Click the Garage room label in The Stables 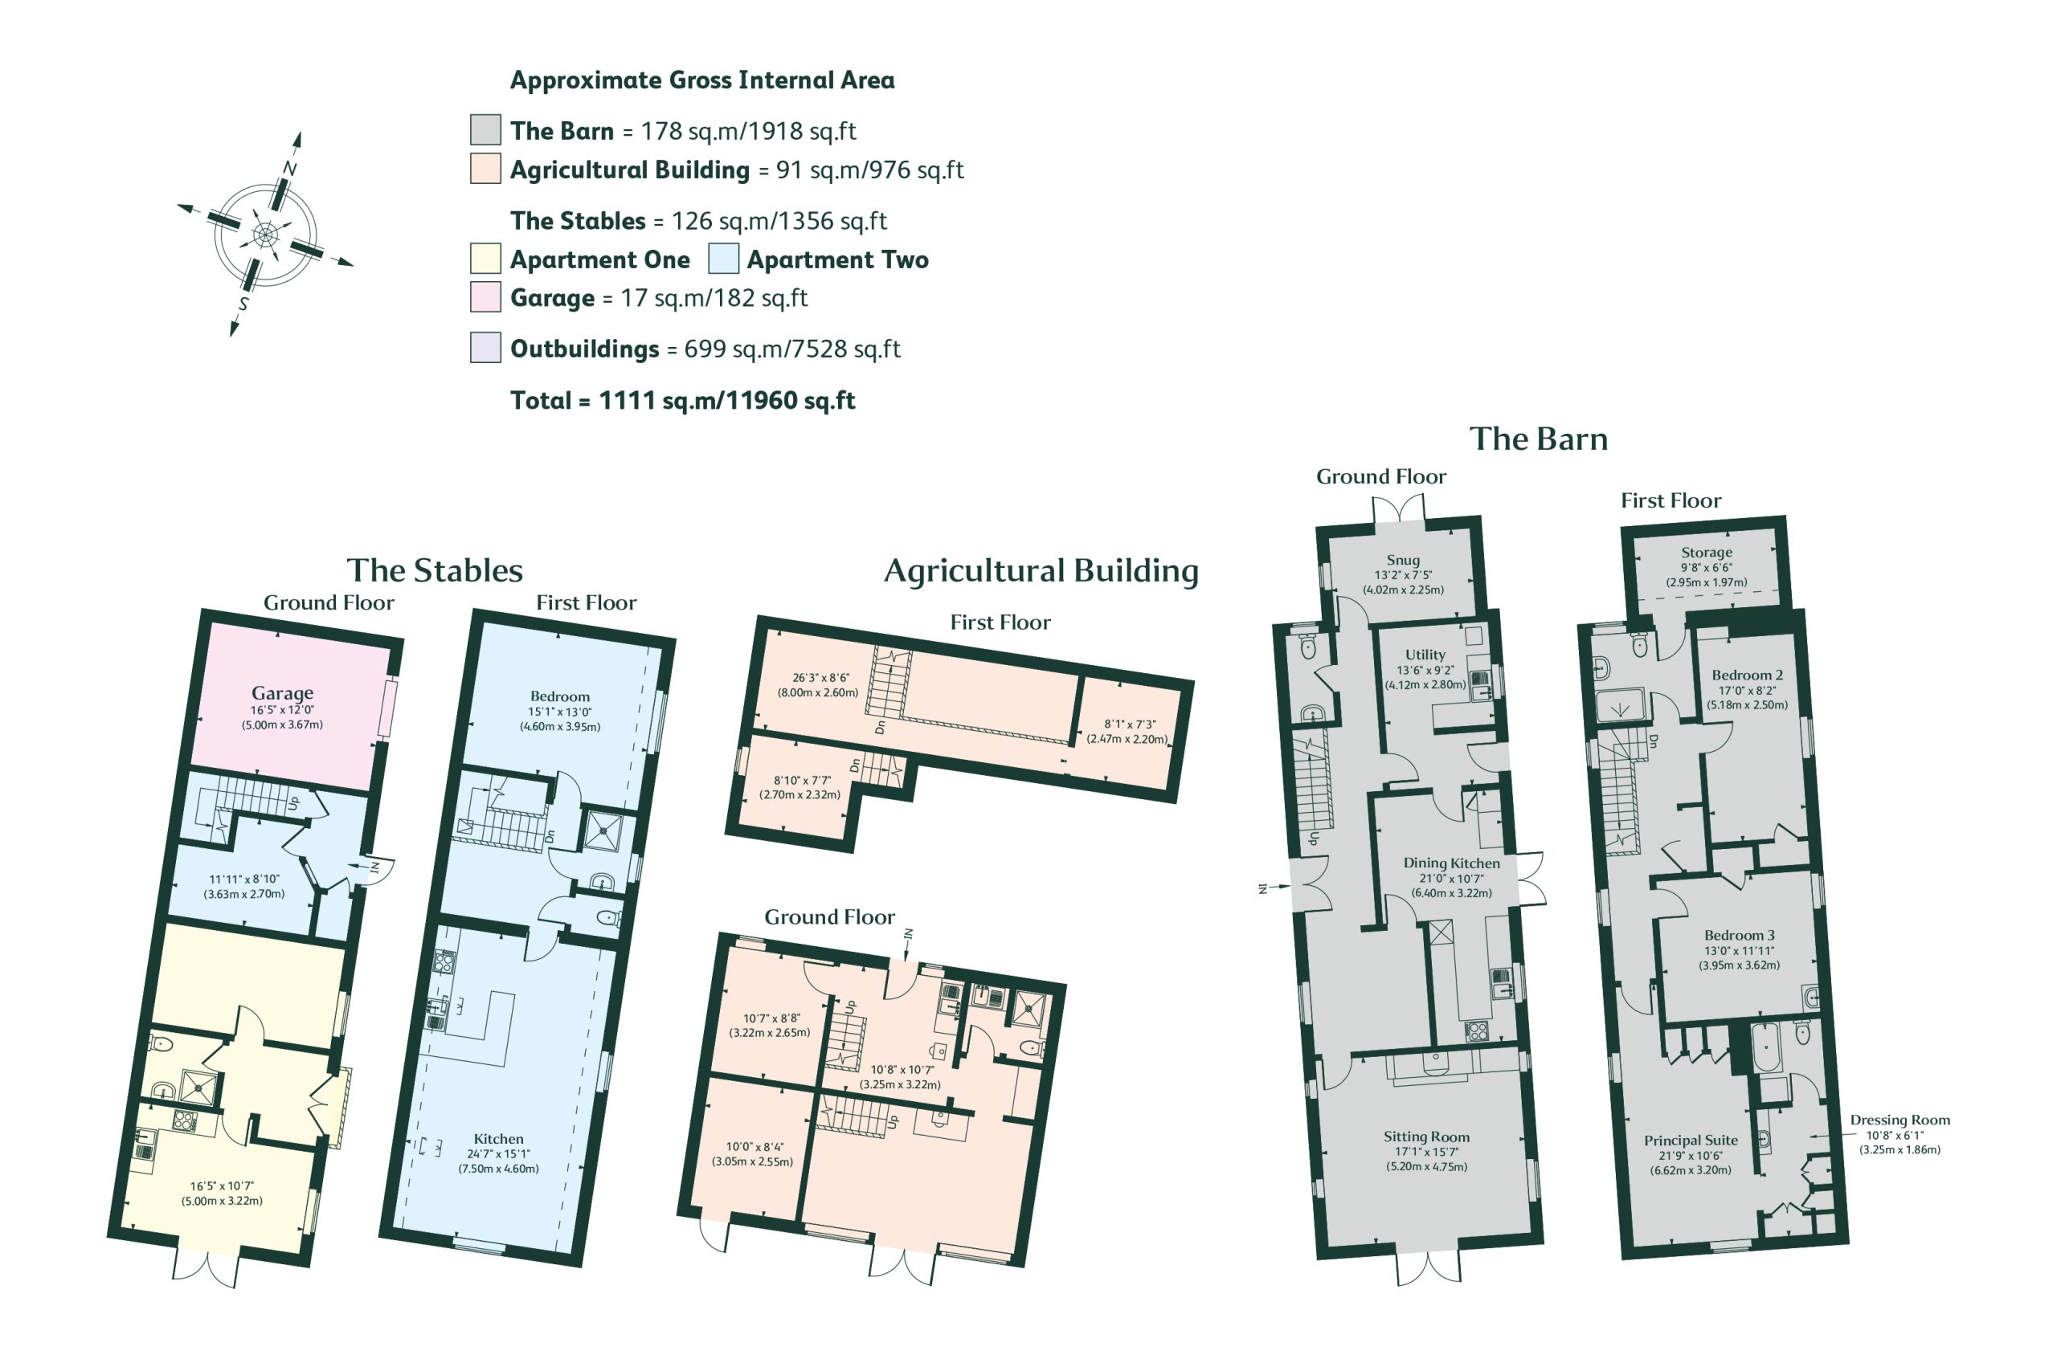(x=282, y=693)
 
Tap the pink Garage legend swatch (x=485, y=296)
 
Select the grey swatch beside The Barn (x=485, y=130)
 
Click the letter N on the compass (x=290, y=168)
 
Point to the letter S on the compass (x=243, y=304)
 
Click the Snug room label (x=1403, y=560)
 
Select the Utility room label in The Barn (x=1425, y=655)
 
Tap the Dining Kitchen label (x=1451, y=863)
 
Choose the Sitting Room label (x=1426, y=1137)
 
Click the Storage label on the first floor (x=1706, y=552)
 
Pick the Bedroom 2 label (x=1747, y=675)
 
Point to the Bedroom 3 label (x=1739, y=935)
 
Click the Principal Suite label (x=1691, y=1141)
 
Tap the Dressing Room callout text (x=1900, y=1120)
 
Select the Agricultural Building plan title (x=1041, y=571)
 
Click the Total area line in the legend (x=682, y=401)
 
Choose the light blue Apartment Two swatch (x=723, y=259)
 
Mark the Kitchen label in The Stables (x=498, y=1139)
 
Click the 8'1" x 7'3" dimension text (x=1130, y=724)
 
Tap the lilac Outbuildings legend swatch (x=485, y=348)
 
